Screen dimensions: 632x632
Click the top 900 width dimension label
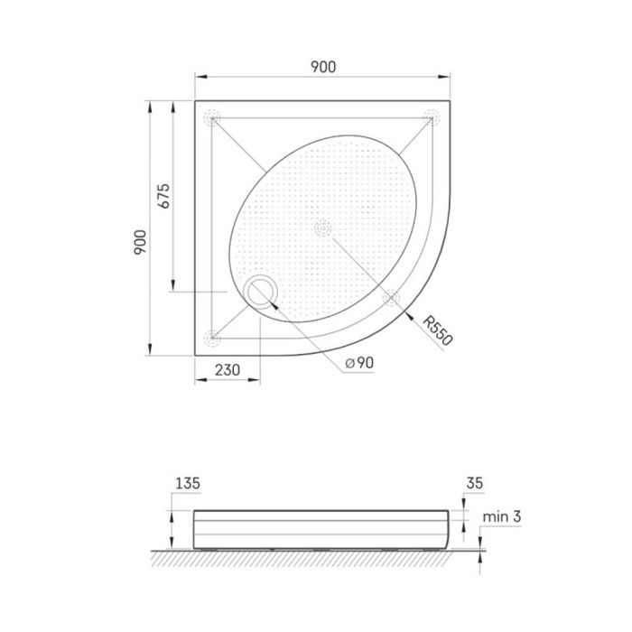323,67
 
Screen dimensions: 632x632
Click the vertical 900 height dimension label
140,242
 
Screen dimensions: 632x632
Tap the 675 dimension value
163,196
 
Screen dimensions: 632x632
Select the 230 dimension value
228,369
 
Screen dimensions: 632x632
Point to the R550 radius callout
438,330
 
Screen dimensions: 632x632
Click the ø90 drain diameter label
359,363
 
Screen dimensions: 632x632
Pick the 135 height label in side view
188,483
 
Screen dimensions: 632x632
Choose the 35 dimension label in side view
474,483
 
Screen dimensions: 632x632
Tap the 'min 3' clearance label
502,516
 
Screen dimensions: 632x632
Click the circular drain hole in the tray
260,292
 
